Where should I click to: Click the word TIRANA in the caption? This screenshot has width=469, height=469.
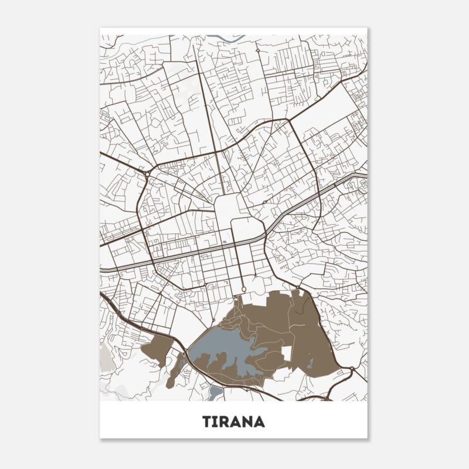pyautogui.click(x=233, y=422)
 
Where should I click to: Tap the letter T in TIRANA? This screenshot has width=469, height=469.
pyautogui.click(x=206, y=422)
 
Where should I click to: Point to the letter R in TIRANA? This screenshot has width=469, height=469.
pyautogui.click(x=225, y=422)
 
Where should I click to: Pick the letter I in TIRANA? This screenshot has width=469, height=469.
pyautogui.click(x=215, y=422)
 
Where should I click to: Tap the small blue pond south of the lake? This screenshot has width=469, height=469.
pyautogui.click(x=215, y=391)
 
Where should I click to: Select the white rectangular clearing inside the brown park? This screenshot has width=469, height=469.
pyautogui.click(x=287, y=354)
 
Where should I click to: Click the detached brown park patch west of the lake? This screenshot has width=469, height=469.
pyautogui.click(x=155, y=351)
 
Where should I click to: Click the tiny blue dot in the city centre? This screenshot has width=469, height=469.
pyautogui.click(x=224, y=242)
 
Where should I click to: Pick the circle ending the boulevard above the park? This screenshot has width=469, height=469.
pyautogui.click(x=243, y=290)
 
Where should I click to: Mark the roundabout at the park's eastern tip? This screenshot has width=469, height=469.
pyautogui.click(x=351, y=369)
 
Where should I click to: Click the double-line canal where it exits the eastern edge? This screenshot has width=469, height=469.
pyautogui.click(x=363, y=175)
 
